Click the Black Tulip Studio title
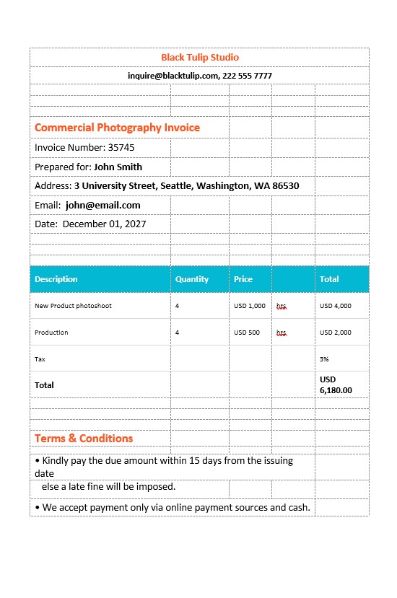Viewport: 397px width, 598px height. (x=200, y=57)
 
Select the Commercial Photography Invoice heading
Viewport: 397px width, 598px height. (x=117, y=128)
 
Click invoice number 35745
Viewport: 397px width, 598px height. (x=121, y=148)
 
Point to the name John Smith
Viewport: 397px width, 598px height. (x=118, y=167)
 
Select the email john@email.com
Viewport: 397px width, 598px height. (x=102, y=205)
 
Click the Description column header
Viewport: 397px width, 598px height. (x=56, y=279)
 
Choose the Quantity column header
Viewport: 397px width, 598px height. (x=191, y=279)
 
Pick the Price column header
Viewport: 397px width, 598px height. (x=243, y=279)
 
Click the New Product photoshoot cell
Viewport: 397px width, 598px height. (x=73, y=306)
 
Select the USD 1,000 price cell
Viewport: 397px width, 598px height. (x=250, y=306)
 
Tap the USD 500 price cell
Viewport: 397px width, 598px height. (x=247, y=333)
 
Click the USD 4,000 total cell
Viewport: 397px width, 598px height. (x=335, y=306)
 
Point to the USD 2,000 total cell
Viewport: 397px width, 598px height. (x=335, y=333)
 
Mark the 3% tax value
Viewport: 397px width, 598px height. (x=324, y=359)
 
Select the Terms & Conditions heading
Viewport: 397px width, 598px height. (x=84, y=439)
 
